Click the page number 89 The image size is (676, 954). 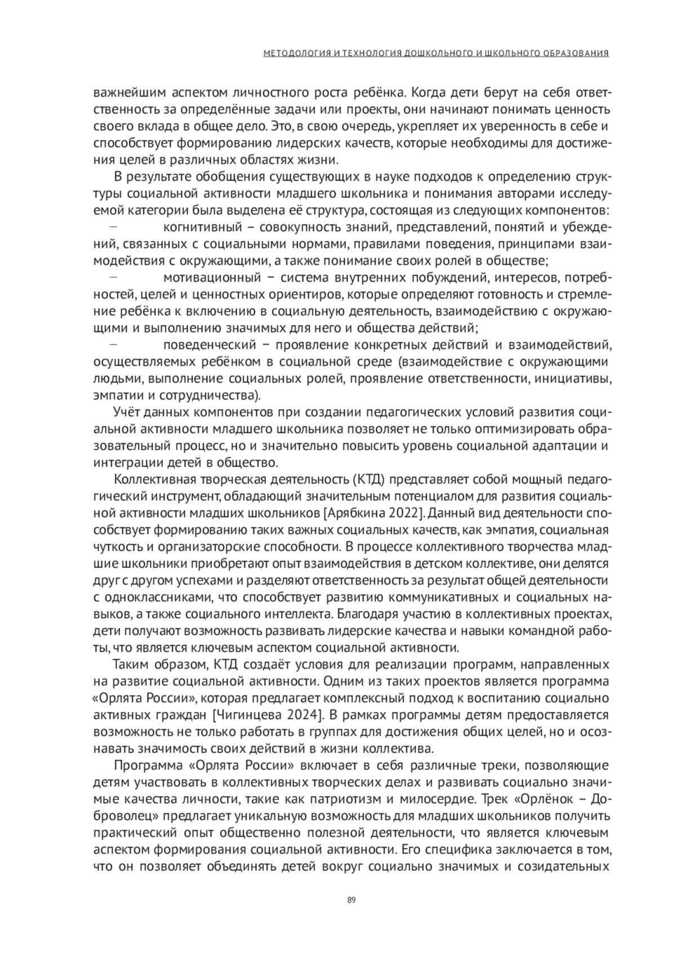(x=351, y=900)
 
